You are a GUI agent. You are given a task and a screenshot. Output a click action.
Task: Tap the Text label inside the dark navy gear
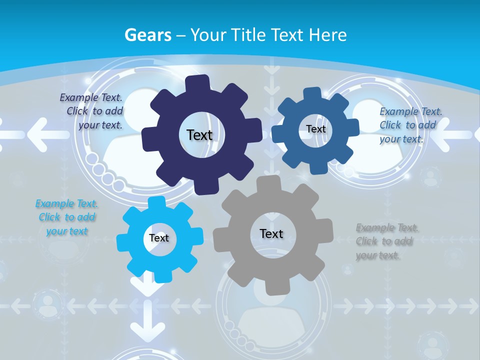point(199,135)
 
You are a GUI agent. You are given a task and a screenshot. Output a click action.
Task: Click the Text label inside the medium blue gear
point(315,129)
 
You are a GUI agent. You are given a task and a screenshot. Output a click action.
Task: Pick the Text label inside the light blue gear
point(159,238)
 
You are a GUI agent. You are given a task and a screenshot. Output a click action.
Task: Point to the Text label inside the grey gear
point(271,233)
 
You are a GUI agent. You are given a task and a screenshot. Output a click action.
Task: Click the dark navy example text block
point(91,111)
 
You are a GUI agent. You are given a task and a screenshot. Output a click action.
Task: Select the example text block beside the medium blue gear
point(410,125)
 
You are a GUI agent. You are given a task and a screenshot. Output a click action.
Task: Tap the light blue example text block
point(66,217)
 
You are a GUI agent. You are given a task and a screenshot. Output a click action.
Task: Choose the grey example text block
point(387,241)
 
